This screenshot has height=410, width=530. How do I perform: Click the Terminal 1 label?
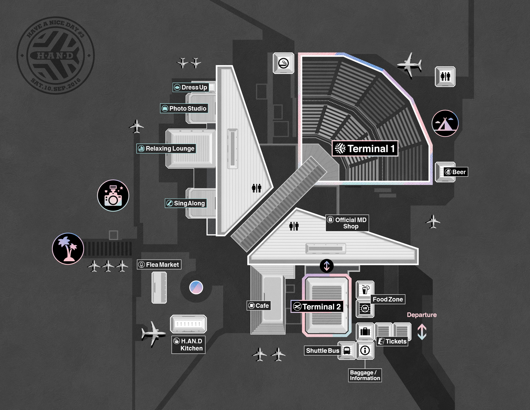(365, 148)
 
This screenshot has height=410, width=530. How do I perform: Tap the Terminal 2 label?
(317, 307)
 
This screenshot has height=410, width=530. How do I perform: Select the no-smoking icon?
(283, 63)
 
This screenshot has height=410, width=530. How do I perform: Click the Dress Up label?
(191, 87)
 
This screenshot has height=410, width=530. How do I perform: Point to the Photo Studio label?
(184, 108)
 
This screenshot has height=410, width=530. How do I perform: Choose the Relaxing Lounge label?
(166, 148)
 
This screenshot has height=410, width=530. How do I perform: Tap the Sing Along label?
(186, 203)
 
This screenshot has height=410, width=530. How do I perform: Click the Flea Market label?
(159, 264)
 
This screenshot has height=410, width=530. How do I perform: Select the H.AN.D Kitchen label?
(188, 345)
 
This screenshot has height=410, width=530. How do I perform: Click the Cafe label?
(259, 306)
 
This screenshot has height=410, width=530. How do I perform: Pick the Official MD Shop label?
(347, 223)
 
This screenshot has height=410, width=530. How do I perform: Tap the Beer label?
(456, 172)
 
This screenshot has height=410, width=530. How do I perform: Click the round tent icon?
(445, 123)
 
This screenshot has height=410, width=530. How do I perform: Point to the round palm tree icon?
(68, 249)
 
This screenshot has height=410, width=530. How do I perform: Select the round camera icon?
(113, 196)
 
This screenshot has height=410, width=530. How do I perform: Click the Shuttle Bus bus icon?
(347, 350)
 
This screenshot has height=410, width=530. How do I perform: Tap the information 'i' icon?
(365, 350)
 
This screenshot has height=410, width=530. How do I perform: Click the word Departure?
(422, 315)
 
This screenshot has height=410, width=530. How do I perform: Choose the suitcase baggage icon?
(365, 331)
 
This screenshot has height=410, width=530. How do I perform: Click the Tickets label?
(392, 341)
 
